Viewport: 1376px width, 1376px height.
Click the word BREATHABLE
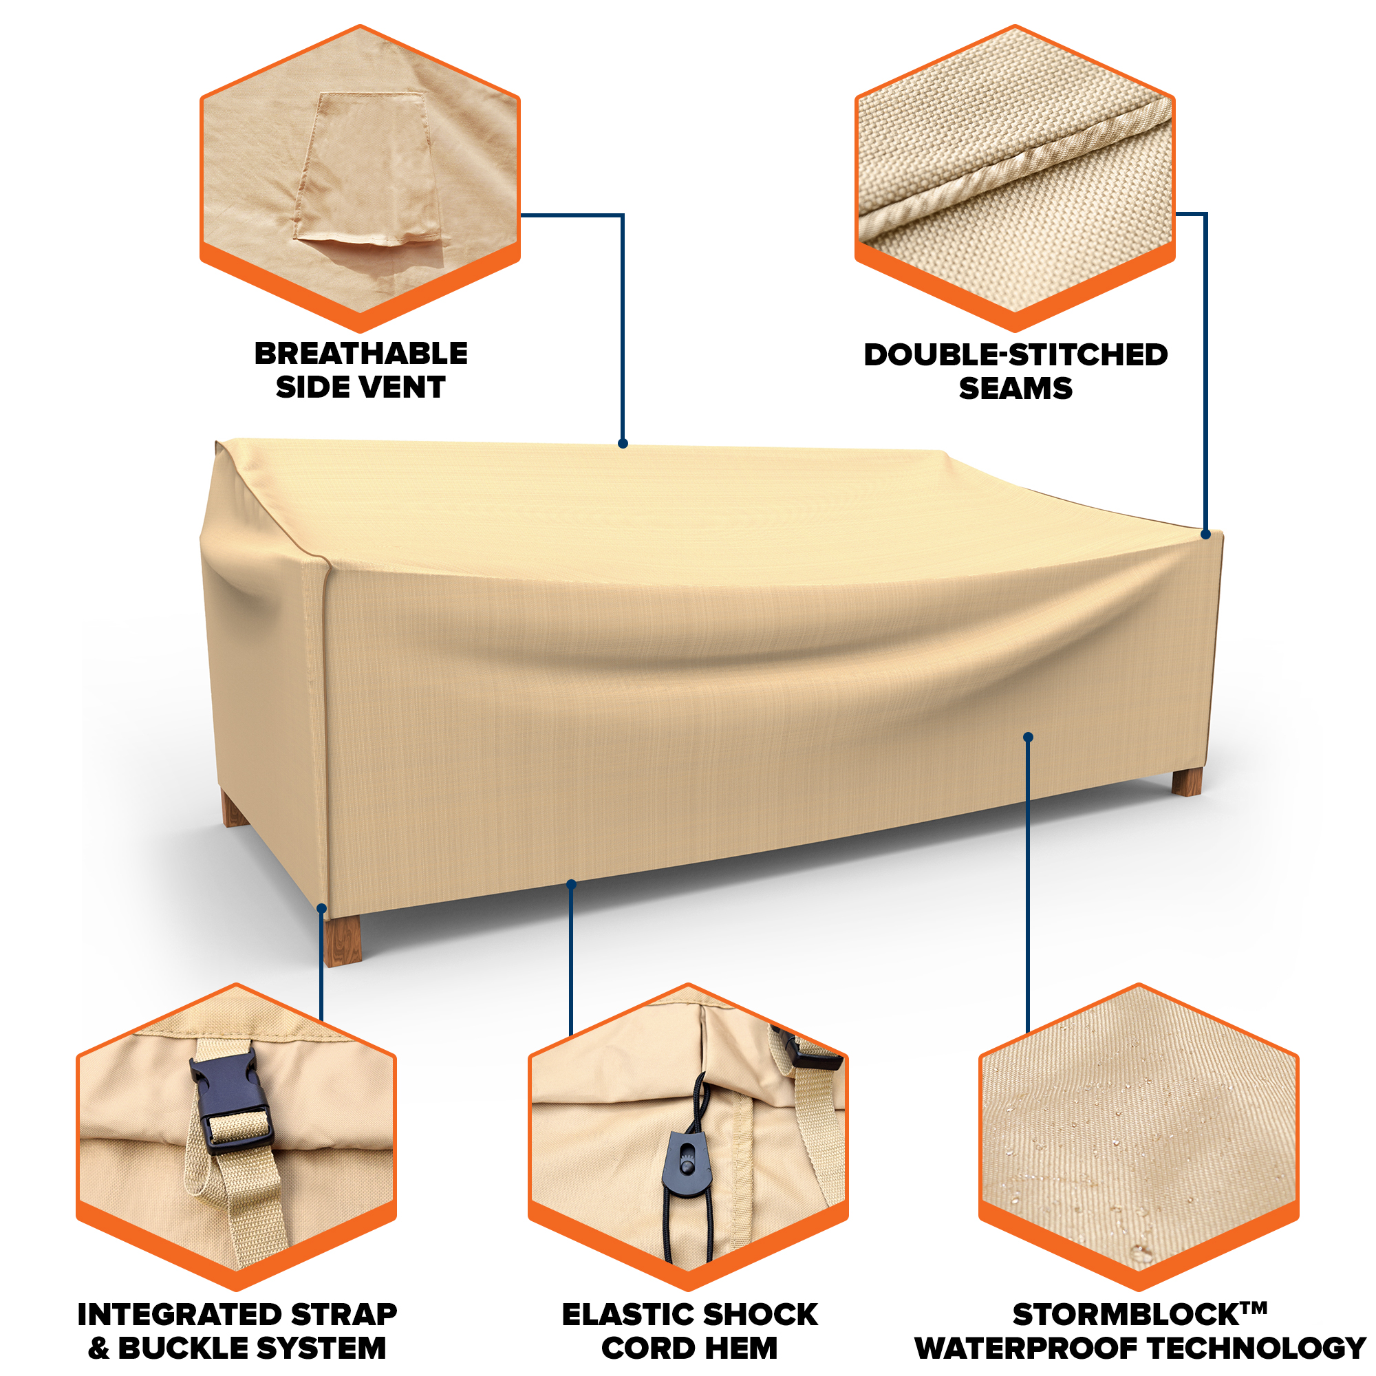pos(361,353)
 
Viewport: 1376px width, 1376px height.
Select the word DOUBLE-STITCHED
pos(1015,355)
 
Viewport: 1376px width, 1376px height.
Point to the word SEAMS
pos(1015,388)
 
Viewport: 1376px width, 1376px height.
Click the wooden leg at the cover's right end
pos(1187,782)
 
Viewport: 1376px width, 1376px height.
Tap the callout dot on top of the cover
pos(623,444)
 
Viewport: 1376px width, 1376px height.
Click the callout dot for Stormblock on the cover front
pos(1028,737)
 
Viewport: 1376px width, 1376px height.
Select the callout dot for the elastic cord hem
pos(571,884)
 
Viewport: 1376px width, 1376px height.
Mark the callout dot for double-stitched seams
pos(1205,534)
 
